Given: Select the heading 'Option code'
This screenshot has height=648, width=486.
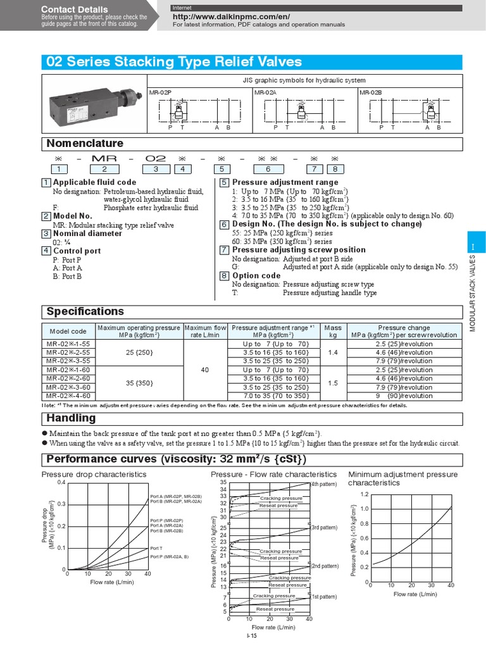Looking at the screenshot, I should pos(256,275).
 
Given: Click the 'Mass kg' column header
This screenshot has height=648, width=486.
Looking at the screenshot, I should pos(332,332).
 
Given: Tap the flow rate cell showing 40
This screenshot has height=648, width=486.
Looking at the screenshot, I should pos(204,370).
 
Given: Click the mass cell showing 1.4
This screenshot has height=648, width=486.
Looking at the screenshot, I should pos(332,352).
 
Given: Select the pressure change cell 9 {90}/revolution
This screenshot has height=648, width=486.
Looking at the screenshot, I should pos(412,396).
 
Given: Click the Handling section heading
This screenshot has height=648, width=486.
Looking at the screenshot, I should pos(72,418).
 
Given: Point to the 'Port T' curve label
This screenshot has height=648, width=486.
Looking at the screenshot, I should pos(156,548).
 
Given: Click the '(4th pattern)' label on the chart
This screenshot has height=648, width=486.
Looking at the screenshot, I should pos(325,484).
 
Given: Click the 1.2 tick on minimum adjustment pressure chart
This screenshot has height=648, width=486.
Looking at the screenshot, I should pos(364,494).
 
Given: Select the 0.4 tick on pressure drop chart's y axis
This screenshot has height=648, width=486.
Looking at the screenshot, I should pos(61,483).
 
